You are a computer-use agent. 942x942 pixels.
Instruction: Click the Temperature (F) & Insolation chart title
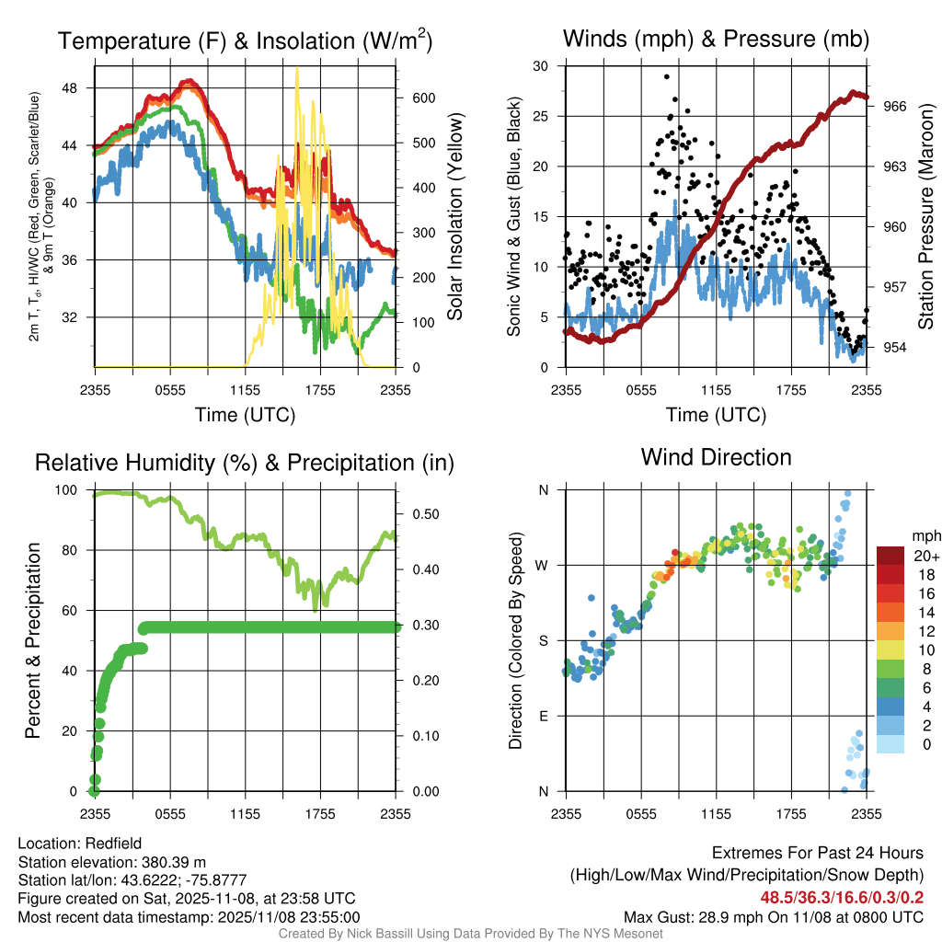point(245,40)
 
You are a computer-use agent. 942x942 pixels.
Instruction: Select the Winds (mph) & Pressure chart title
point(716,39)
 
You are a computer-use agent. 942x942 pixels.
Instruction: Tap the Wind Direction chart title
point(716,457)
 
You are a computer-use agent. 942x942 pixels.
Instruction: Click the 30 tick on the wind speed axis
point(542,66)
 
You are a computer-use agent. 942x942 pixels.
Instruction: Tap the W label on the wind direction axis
point(545,565)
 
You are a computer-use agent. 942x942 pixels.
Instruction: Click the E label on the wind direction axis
point(545,716)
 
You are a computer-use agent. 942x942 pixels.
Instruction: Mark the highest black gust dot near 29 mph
point(666,77)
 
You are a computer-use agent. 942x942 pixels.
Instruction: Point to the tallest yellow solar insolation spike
point(296,70)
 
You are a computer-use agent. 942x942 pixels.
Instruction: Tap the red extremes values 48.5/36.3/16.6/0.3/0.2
point(841,897)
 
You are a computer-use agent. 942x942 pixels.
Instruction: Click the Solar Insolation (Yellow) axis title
point(454,217)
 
